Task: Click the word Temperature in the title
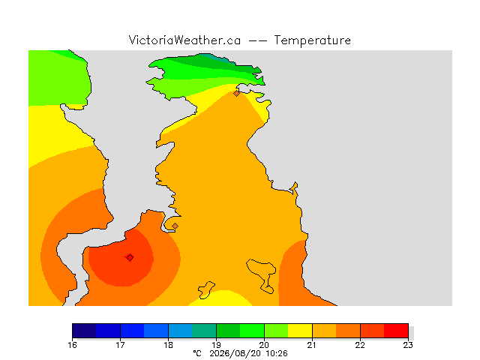click(312, 40)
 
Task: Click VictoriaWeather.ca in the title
click(184, 40)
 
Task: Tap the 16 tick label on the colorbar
click(72, 345)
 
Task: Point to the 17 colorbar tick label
click(120, 345)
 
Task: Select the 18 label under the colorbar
click(168, 345)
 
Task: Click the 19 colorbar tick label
click(217, 345)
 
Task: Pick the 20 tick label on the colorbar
click(265, 345)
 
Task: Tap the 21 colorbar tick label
click(312, 345)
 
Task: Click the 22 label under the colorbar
click(360, 345)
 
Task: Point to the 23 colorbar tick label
click(408, 345)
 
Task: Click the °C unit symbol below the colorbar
click(197, 353)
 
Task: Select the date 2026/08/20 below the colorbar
click(235, 354)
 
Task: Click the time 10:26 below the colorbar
click(277, 353)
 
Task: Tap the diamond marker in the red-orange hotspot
click(130, 258)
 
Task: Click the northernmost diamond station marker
click(236, 93)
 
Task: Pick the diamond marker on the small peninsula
click(175, 226)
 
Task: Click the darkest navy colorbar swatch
click(84, 331)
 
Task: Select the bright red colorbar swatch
click(396, 331)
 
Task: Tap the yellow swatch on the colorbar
click(300, 331)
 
